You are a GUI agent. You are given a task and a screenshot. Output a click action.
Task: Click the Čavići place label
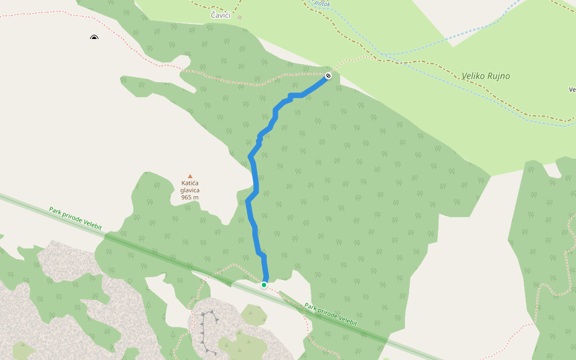click(x=220, y=14)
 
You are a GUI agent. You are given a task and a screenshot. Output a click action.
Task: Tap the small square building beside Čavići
click(x=239, y=17)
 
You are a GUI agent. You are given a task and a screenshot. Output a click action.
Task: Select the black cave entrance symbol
click(x=94, y=38)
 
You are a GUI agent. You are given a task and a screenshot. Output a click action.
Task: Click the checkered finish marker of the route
click(x=328, y=76)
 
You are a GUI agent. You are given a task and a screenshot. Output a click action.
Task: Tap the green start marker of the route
click(x=263, y=285)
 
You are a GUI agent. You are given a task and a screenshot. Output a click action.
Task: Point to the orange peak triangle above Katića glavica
click(x=190, y=176)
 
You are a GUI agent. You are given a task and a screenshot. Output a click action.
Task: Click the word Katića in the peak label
click(x=190, y=183)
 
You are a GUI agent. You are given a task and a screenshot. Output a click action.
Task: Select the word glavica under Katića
click(x=190, y=190)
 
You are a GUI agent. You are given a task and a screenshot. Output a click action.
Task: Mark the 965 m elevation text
click(x=190, y=197)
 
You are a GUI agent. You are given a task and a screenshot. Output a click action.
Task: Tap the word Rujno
click(x=499, y=76)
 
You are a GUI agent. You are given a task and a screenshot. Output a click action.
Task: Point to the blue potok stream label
click(x=323, y=4)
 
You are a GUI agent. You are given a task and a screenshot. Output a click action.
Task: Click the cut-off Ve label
click(x=572, y=90)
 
